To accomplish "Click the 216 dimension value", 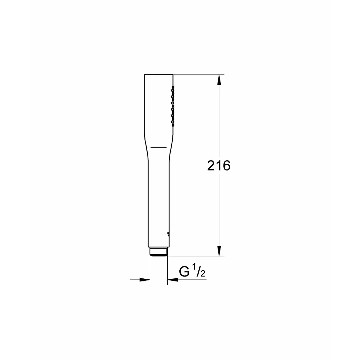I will pos(219,165).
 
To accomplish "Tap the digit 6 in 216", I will pos(226,165).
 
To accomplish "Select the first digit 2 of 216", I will pos(211,165).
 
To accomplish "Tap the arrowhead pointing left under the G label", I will pos(172,280).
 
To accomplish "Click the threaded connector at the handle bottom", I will pos(159,251).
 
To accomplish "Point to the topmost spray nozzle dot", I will pos(172,87).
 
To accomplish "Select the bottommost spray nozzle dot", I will pos(172,124).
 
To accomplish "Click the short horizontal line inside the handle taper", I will pos(158,147).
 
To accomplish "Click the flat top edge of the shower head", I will pos(159,74).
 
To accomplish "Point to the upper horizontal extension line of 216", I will pos(198,74).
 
